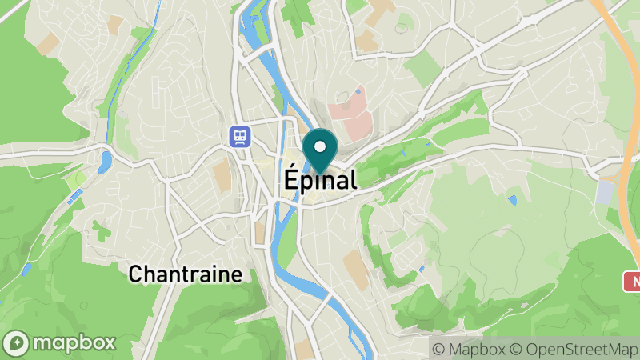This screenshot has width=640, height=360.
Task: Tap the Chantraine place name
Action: (186, 274)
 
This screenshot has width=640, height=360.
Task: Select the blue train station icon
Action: (239, 136)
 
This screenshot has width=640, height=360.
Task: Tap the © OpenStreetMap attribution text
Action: (574, 349)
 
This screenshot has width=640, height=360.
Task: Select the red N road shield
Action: (632, 281)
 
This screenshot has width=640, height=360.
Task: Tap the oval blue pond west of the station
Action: (105, 162)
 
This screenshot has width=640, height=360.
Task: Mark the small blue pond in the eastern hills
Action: (512, 199)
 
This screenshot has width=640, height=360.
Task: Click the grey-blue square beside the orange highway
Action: (606, 191)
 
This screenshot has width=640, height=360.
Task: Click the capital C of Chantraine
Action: (136, 274)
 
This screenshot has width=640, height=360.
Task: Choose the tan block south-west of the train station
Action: (222, 177)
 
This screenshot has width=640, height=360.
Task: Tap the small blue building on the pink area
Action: (358, 92)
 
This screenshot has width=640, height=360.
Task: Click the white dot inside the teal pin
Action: (320, 146)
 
